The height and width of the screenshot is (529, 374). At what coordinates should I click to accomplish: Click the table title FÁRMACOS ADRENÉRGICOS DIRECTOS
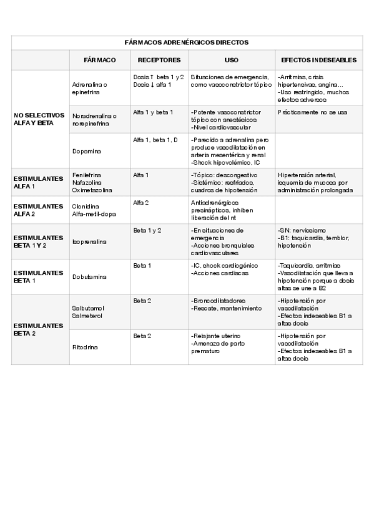(x=187, y=42)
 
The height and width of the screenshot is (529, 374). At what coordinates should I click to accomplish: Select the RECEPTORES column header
(x=159, y=60)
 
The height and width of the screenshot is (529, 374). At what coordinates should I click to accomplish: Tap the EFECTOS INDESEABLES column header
(x=319, y=60)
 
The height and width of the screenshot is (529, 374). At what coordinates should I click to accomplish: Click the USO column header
(x=231, y=60)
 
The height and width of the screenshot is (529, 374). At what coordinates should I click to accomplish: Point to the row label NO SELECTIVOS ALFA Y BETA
(x=39, y=119)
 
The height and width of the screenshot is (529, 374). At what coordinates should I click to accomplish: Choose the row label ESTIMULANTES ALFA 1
(x=38, y=182)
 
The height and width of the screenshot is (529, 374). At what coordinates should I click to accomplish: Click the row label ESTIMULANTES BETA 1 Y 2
(x=38, y=241)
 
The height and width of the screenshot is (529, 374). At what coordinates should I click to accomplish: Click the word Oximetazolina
(x=92, y=190)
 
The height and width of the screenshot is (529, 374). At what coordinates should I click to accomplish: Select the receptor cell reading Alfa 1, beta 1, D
(x=155, y=140)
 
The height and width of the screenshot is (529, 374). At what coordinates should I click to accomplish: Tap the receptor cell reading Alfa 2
(x=141, y=203)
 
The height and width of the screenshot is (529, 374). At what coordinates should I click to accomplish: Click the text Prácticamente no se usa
(x=312, y=112)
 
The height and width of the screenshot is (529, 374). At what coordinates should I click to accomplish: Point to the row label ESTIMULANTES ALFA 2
(x=38, y=210)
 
